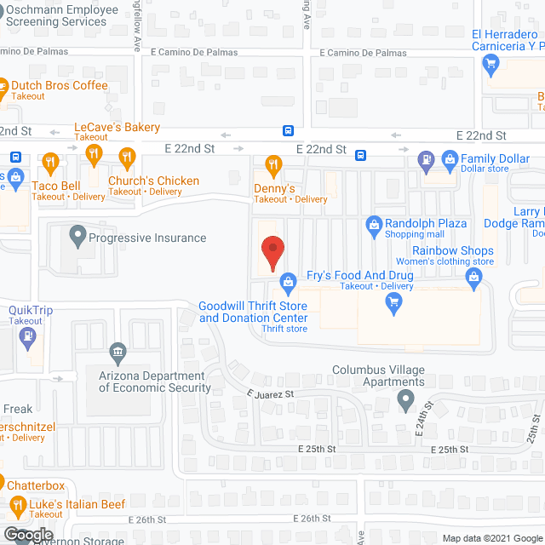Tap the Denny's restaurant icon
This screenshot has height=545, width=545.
tap(273, 163)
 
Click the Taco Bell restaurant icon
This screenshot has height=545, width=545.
tap(50, 161)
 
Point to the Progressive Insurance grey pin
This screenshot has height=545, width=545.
tap(78, 232)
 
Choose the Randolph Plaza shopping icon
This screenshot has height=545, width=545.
tap(373, 224)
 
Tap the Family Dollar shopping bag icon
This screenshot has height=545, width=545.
tap(449, 158)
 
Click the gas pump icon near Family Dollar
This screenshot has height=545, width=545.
tap(425, 158)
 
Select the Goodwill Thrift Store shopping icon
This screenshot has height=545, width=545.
tap(289, 280)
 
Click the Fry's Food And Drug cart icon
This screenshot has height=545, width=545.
tap(393, 307)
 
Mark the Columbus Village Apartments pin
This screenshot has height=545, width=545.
tap(406, 399)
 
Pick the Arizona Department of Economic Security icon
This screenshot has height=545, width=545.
tap(118, 351)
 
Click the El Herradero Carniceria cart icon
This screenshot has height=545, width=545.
tap(490, 62)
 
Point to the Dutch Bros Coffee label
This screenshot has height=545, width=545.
tap(59, 86)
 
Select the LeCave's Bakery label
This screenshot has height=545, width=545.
tap(117, 127)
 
